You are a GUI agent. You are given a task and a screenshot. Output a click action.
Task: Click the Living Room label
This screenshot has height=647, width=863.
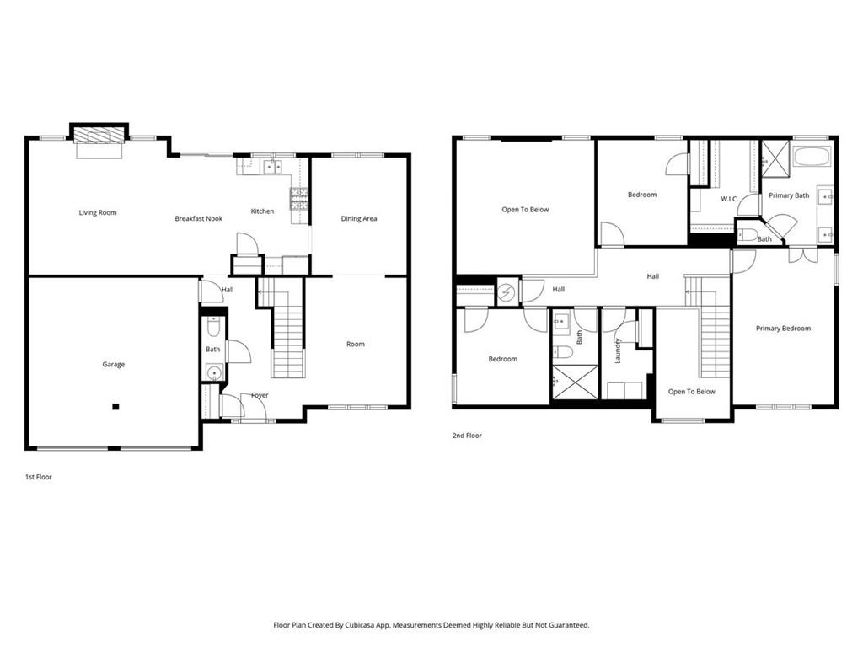(x=98, y=213)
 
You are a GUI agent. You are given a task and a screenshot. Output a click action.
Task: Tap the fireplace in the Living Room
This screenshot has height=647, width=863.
(x=99, y=136)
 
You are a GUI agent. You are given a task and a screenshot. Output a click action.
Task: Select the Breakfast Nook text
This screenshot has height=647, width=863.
(x=198, y=219)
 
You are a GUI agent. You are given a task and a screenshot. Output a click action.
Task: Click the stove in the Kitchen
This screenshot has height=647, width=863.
(x=299, y=198)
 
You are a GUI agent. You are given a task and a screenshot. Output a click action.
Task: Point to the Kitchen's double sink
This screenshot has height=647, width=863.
(x=271, y=167)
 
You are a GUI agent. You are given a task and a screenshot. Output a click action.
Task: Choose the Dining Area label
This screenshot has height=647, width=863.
(x=358, y=219)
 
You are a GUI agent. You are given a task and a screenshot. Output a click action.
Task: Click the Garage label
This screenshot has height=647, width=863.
(x=114, y=365)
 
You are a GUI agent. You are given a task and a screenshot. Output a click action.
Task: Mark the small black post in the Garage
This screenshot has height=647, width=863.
(x=116, y=407)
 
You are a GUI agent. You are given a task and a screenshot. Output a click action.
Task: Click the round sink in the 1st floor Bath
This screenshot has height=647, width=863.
(x=212, y=372)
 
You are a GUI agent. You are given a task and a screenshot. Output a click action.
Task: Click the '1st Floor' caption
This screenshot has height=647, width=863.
(x=39, y=477)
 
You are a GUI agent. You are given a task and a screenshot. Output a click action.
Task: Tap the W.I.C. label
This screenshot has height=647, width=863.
(x=730, y=200)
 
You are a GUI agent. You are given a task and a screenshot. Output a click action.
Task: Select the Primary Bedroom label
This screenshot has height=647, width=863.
(x=783, y=329)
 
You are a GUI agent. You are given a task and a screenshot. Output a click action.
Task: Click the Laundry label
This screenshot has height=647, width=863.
(x=618, y=350)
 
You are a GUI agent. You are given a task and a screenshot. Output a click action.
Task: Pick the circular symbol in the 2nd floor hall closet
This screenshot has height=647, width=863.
(x=507, y=292)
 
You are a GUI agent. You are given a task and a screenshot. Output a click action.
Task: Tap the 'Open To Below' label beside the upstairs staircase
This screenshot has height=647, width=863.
(x=691, y=392)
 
